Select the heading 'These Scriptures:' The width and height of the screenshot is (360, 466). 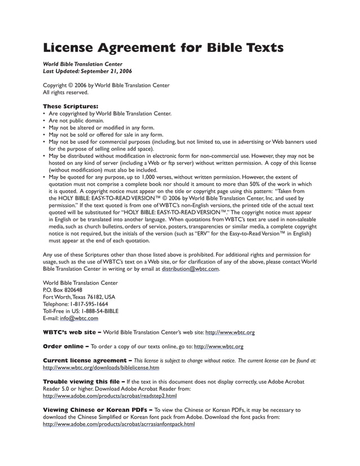pos(71,106)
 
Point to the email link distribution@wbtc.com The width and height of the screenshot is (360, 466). pos(190,269)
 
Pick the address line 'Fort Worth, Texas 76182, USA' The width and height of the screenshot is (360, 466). pos(79,297)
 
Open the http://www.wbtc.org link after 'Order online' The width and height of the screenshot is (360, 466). pos(218,346)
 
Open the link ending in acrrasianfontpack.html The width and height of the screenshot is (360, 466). pos(119,424)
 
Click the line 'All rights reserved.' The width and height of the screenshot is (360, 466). pos(66,93)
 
